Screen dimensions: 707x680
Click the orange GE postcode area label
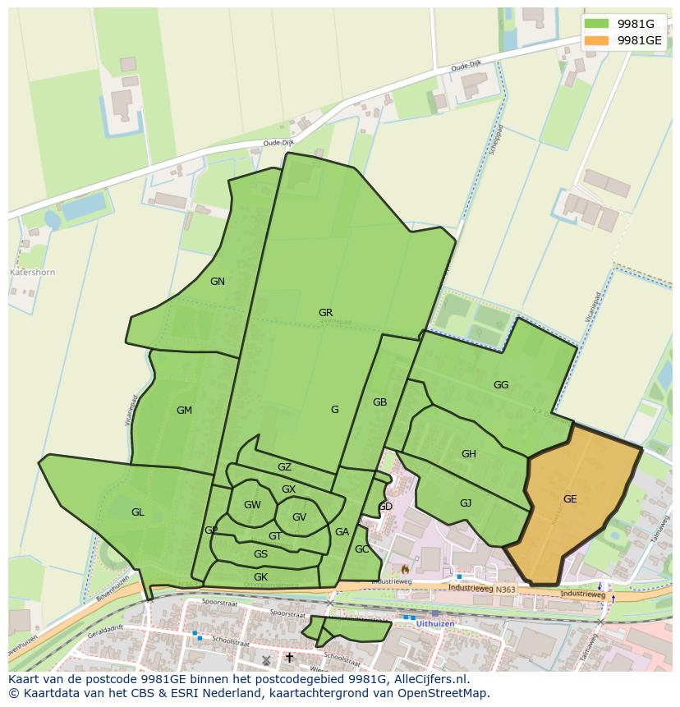(570, 498)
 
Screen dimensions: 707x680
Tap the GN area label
(217, 282)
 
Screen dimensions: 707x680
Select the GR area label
(325, 313)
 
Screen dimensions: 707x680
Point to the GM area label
(184, 411)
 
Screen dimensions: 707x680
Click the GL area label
(137, 512)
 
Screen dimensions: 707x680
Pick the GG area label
(501, 385)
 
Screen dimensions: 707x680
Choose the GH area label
(468, 454)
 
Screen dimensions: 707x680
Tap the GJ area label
(466, 503)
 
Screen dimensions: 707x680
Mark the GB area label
(379, 402)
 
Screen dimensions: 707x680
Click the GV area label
(299, 517)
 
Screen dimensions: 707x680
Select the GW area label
(252, 505)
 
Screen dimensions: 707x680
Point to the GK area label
(260, 577)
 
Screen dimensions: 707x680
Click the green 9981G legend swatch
(597, 23)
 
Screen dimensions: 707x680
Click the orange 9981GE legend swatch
(597, 39)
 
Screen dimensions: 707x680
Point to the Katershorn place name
(32, 272)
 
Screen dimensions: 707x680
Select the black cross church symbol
(289, 658)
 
